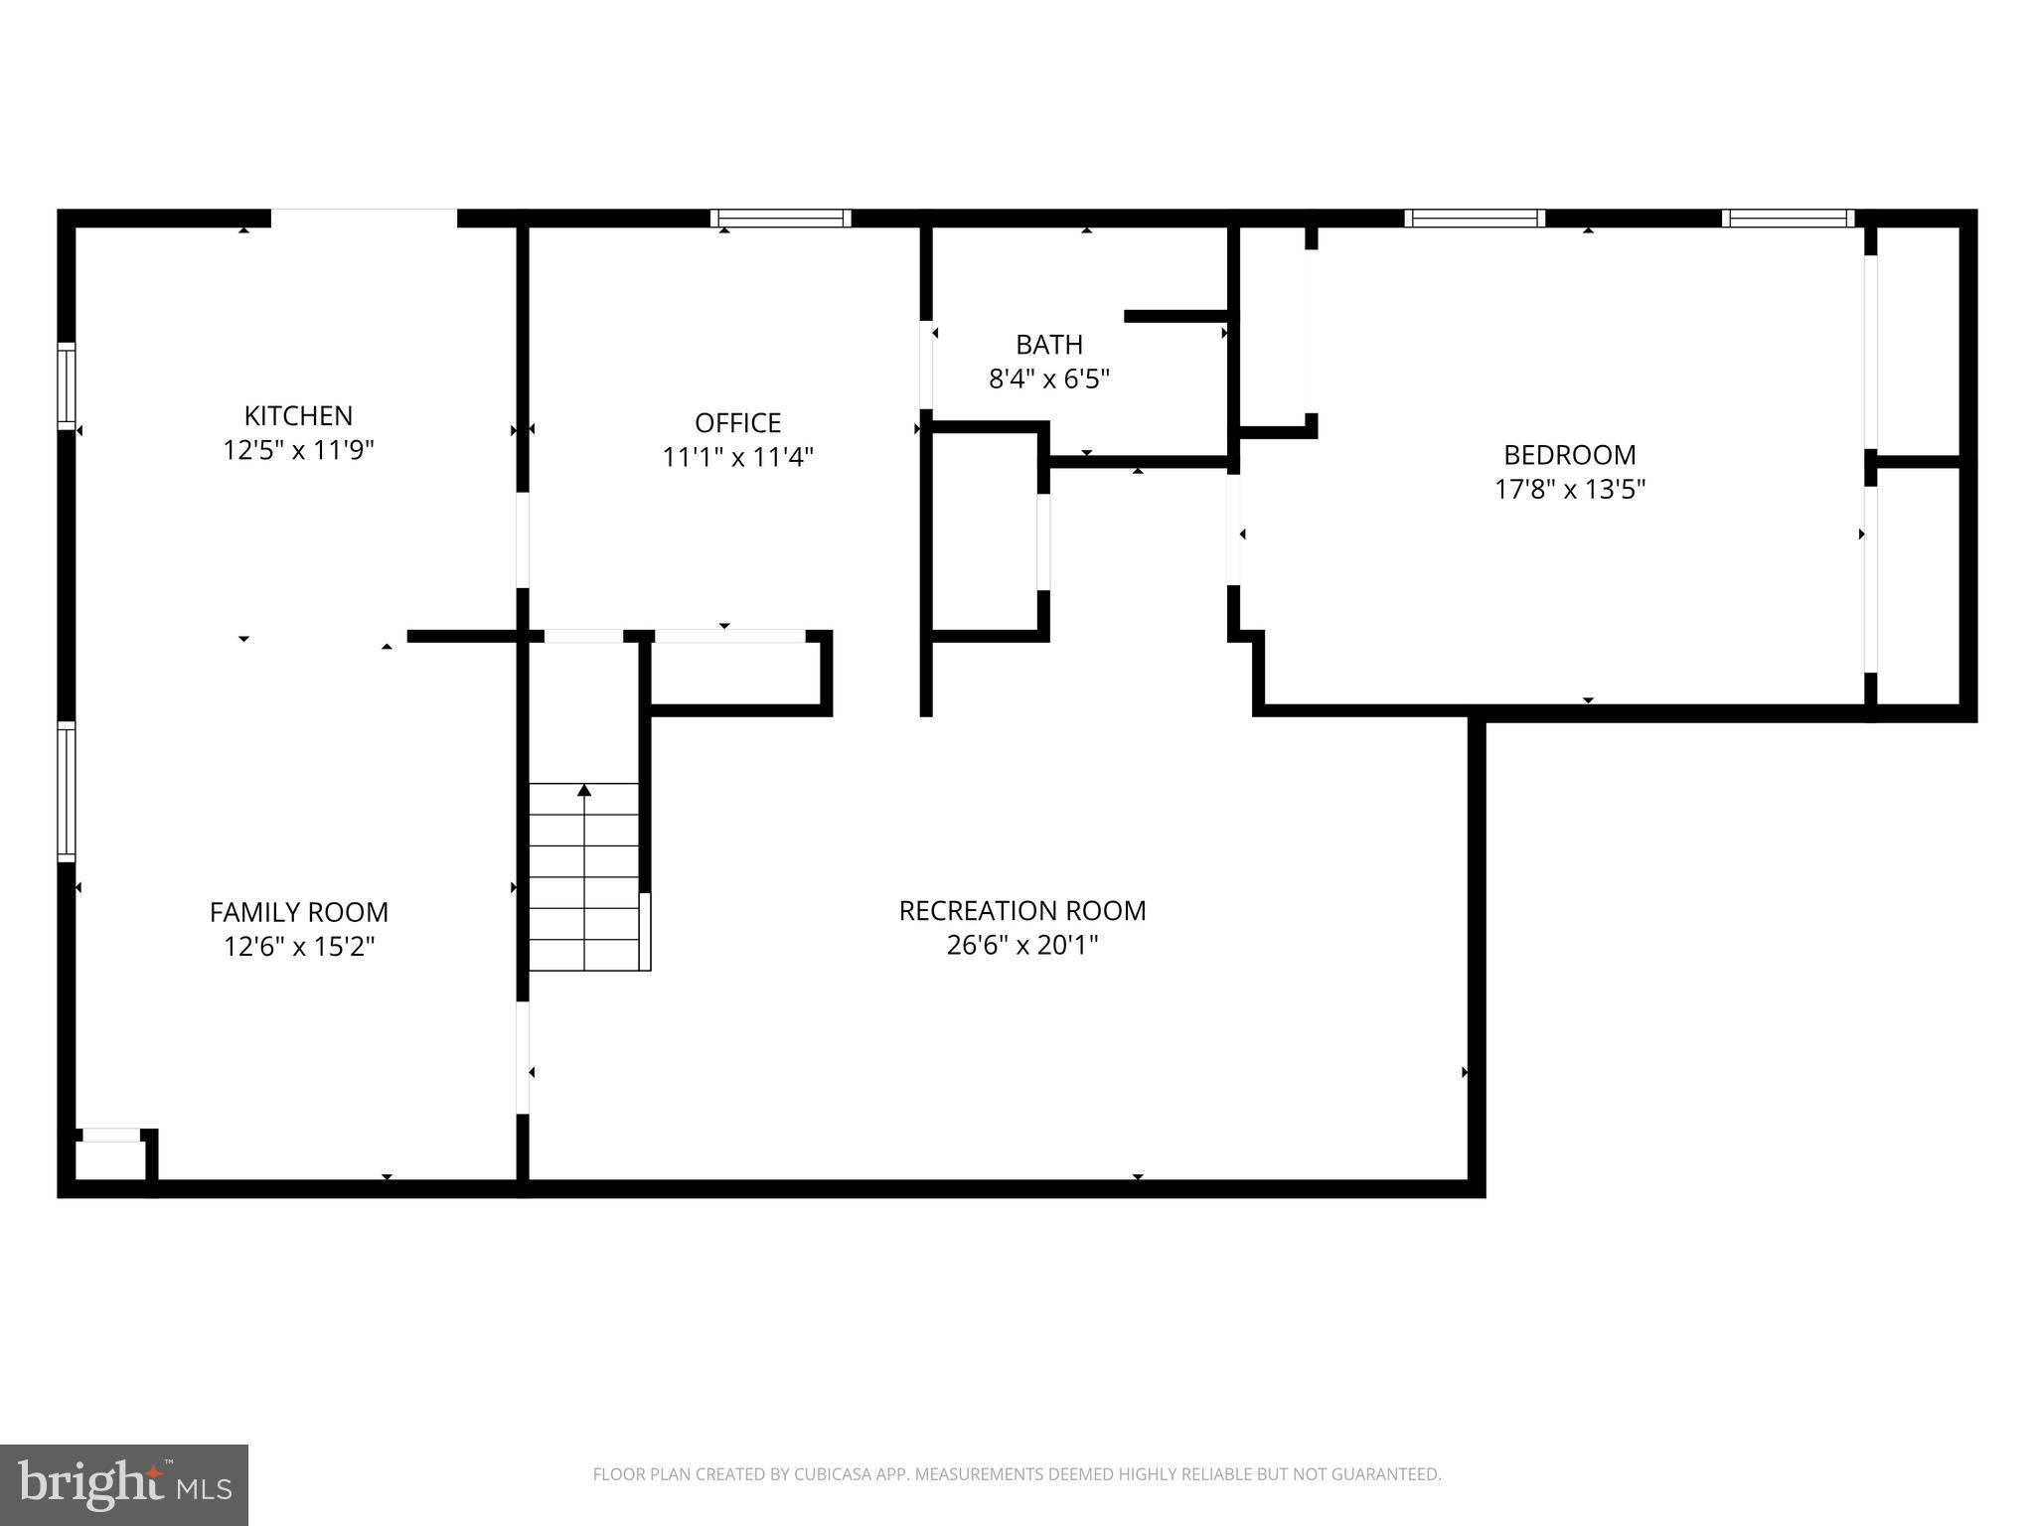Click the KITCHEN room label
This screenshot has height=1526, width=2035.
coord(298,415)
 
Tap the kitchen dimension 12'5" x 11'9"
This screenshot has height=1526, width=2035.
coord(298,450)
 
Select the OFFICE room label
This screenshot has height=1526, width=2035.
coord(737,423)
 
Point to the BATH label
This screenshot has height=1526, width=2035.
coord(1049,345)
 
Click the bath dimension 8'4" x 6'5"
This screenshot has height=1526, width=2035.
coord(1049,379)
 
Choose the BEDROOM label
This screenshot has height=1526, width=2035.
coord(1569,455)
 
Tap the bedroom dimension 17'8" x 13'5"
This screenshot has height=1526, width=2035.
coord(1569,489)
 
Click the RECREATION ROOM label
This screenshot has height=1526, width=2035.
coord(1022,911)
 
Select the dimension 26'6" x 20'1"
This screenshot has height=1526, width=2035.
coord(1022,945)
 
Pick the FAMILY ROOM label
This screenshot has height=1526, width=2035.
coord(298,912)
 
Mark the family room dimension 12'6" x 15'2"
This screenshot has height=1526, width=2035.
coord(298,947)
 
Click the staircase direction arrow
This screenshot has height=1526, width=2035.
coord(584,791)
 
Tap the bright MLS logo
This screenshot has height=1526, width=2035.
coord(124,1485)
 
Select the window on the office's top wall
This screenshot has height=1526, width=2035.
coord(781,219)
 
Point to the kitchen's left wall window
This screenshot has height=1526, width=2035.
coord(67,385)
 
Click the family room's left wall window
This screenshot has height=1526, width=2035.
coord(67,791)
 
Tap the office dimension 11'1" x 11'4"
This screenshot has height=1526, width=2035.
coord(737,457)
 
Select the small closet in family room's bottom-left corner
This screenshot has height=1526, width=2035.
coord(110,1159)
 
